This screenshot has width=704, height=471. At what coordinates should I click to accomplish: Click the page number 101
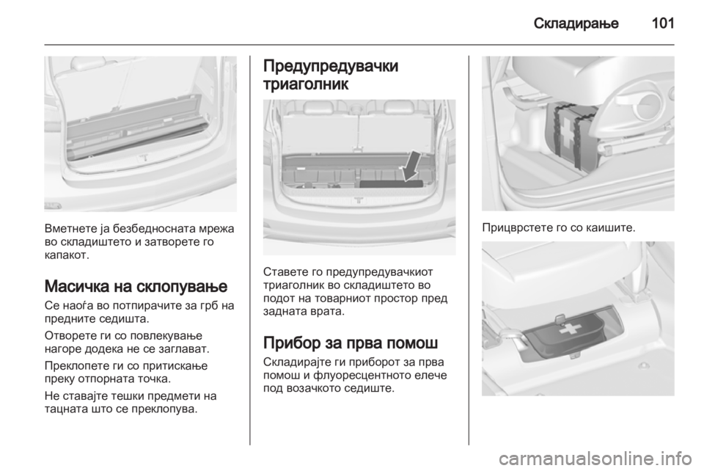(662, 23)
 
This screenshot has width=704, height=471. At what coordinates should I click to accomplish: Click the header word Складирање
(576, 23)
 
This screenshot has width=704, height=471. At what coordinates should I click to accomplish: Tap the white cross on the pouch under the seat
(570, 329)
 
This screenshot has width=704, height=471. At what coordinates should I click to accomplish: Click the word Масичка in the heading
(76, 286)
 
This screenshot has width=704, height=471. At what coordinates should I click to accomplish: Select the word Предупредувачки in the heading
(331, 66)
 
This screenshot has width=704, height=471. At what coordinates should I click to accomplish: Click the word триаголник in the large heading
(306, 84)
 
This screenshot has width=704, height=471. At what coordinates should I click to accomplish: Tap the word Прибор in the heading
(292, 343)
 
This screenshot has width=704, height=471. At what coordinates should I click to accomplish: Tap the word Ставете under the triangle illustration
(283, 272)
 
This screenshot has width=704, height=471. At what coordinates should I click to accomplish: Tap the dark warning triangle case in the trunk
(392, 184)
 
